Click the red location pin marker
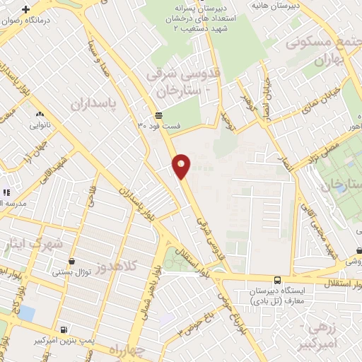[182, 165]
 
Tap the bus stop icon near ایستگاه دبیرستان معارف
[276, 281]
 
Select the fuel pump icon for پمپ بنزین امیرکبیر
[64, 329]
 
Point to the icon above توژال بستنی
[57, 259]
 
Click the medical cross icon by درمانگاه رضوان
[26, 11]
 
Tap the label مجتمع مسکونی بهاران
[322, 49]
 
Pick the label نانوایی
[40, 127]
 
